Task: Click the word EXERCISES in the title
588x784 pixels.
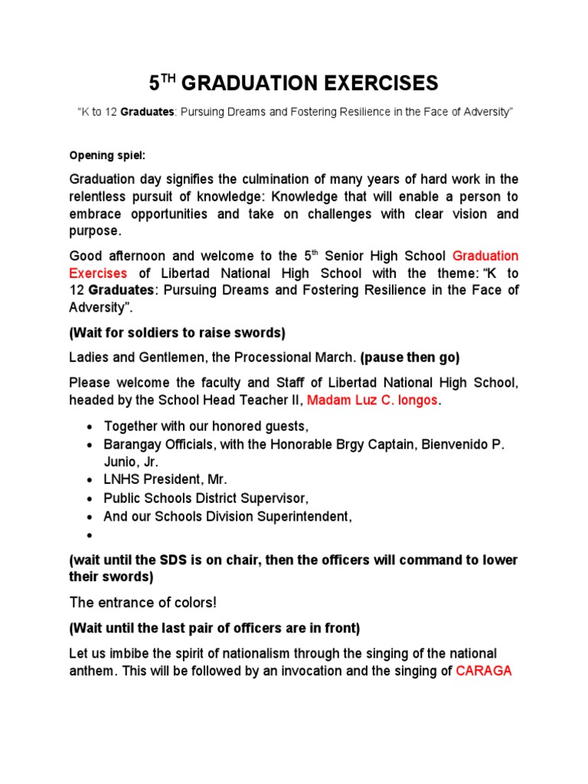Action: (376, 83)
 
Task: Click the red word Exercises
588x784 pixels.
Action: (98, 273)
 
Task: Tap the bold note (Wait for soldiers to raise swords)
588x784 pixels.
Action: (177, 332)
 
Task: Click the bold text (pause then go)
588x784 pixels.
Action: (410, 358)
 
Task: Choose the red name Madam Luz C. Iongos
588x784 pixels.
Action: (364, 400)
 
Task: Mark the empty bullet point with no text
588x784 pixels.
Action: (90, 535)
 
